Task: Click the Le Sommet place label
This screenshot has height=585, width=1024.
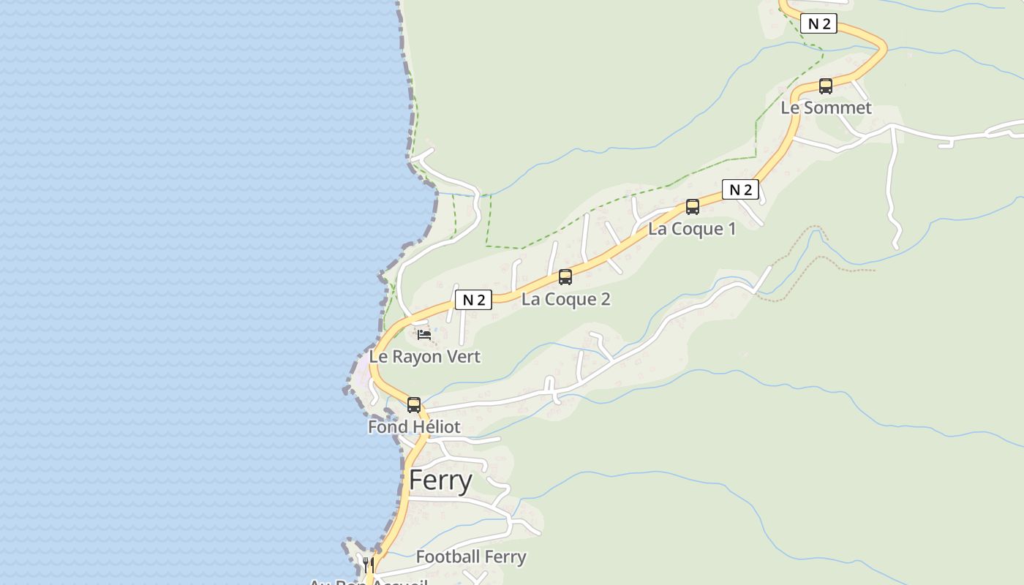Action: point(826,108)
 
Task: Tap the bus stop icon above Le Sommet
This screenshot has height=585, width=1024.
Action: point(826,86)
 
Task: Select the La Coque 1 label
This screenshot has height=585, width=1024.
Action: point(692,229)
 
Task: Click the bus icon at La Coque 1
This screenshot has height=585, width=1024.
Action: point(693,207)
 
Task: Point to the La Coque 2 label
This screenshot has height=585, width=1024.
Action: point(565,299)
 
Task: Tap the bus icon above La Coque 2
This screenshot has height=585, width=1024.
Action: point(565,277)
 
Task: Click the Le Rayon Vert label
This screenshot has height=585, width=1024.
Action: point(424,357)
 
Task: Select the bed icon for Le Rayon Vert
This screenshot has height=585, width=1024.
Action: point(424,335)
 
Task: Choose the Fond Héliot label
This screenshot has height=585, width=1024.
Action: point(414,427)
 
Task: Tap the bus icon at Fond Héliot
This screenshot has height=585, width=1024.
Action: point(414,405)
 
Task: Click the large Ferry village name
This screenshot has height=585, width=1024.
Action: point(440,480)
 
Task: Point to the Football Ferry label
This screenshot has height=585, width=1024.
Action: point(471,557)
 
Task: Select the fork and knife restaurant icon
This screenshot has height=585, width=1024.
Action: point(369,565)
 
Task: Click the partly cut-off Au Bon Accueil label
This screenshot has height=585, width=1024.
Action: point(368,582)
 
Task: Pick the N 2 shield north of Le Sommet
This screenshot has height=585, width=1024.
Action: point(818,23)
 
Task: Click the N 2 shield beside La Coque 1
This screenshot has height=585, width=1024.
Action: point(740,190)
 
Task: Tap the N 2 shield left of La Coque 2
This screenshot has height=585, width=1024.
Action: point(473,300)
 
